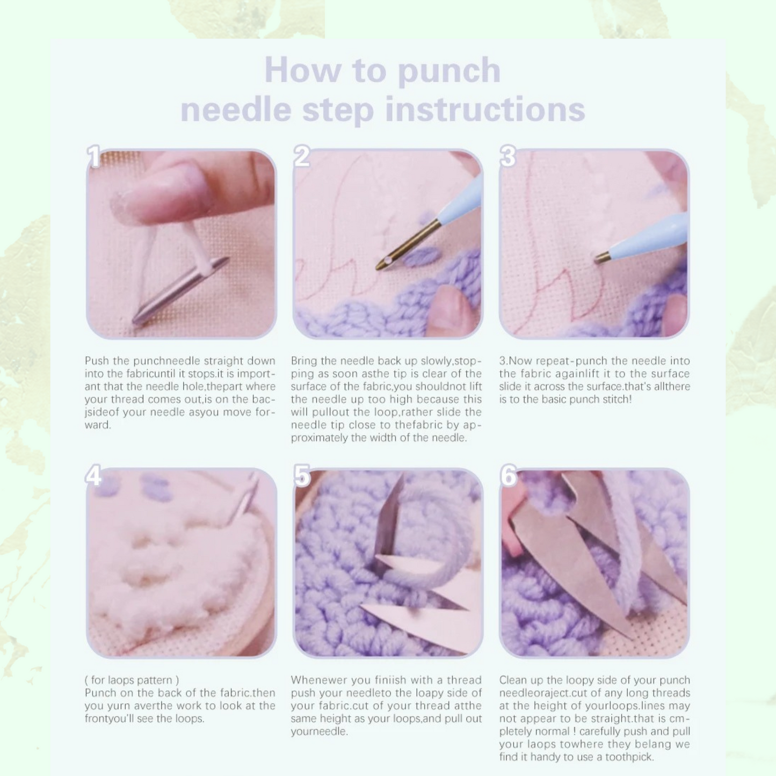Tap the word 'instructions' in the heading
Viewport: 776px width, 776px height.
point(485,110)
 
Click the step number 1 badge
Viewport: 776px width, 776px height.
point(94,157)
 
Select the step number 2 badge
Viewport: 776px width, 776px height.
point(302,157)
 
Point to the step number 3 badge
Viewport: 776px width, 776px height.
point(508,157)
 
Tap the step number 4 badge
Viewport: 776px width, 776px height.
point(93,476)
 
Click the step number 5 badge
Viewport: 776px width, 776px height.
point(302,476)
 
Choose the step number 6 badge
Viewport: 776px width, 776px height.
point(508,476)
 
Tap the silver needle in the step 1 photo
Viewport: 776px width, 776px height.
point(181,291)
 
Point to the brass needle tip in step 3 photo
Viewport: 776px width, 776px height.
point(603,257)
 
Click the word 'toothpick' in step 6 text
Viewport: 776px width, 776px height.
point(628,757)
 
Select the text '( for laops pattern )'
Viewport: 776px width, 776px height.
point(132,680)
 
